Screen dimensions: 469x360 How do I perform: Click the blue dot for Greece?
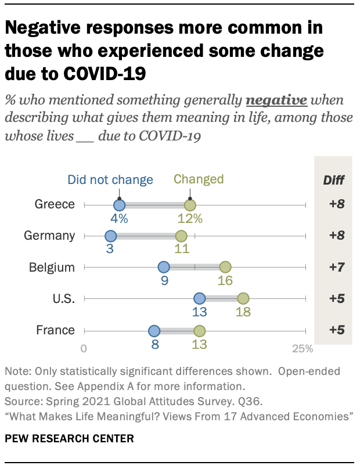coord(119,205)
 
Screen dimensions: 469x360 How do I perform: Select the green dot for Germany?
coord(181,236)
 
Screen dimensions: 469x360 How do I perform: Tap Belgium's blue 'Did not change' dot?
coord(164,268)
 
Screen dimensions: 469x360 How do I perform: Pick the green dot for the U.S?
coord(243,298)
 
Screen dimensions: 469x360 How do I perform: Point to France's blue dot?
coord(154,331)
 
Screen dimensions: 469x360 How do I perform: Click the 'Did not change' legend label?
coord(110,179)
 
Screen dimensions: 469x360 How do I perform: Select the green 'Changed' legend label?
coord(199,179)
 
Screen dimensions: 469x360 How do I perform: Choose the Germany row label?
coord(49,236)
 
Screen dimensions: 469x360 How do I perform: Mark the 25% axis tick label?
coord(302,349)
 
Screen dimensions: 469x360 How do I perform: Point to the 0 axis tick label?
coord(84,349)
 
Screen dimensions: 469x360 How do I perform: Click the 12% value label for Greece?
coord(190,219)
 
